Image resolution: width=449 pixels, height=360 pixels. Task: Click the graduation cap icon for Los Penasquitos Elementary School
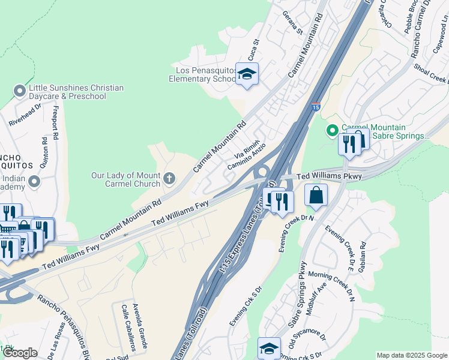[247, 74]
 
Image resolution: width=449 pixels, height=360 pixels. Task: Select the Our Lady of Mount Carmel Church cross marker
[170, 178]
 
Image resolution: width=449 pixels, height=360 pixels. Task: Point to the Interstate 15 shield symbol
[316, 107]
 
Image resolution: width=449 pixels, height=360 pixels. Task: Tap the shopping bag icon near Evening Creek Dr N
[316, 196]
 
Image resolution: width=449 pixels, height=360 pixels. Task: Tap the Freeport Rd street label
[55, 122]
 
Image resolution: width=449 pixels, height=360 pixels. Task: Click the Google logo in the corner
[19, 353]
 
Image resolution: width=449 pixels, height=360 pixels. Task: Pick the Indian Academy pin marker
[35, 181]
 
